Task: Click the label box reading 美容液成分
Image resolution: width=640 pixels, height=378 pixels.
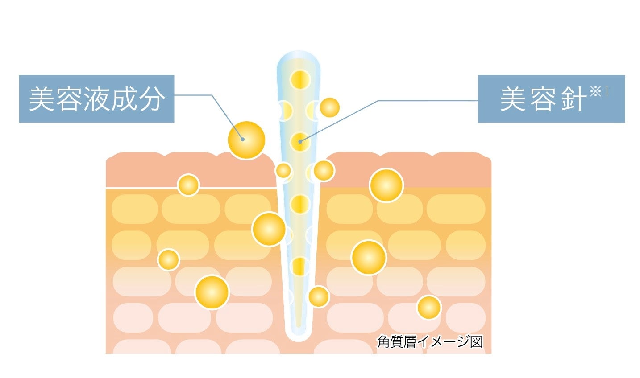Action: point(96,99)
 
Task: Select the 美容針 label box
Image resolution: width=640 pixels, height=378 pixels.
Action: point(551,99)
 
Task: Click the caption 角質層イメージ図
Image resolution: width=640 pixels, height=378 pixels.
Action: point(430,342)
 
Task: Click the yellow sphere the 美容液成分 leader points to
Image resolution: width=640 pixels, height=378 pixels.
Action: point(246,140)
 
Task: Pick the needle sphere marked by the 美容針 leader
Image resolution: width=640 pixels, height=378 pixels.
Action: point(300,142)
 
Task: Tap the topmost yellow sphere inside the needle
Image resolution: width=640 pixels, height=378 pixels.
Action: point(300,80)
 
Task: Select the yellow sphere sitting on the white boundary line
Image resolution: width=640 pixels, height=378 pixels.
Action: point(188,185)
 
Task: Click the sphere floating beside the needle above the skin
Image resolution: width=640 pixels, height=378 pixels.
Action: point(330,108)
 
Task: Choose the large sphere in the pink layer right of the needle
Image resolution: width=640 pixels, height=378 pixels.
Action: point(386,185)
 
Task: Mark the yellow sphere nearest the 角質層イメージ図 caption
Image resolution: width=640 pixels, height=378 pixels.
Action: point(429,307)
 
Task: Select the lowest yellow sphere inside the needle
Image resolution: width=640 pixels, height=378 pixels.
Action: point(300,267)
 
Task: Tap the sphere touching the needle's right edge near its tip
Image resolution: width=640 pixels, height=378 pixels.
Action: point(319,296)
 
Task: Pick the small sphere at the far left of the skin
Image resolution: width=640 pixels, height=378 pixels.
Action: point(169,259)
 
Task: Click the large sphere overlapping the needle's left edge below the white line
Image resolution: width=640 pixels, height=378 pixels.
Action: point(269,229)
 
